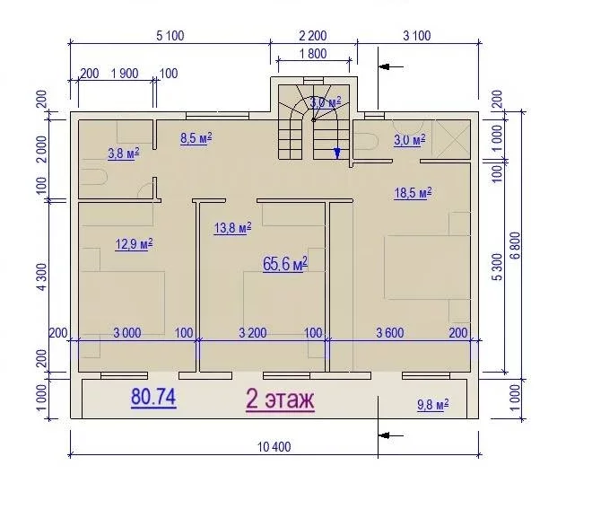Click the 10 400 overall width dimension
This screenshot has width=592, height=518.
click(x=274, y=447)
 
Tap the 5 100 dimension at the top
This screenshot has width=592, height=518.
click(x=170, y=36)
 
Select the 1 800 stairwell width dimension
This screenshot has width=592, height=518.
click(x=313, y=54)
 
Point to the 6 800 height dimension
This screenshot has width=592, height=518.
click(x=516, y=245)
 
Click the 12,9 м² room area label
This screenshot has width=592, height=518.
click(x=134, y=244)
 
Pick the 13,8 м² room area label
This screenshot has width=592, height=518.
click(x=232, y=228)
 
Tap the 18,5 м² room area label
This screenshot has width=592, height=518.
click(x=413, y=193)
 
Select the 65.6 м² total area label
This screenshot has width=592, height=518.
click(x=285, y=264)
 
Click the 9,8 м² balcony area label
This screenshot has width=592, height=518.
click(x=433, y=405)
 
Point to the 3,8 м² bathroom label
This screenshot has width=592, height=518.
click(x=124, y=154)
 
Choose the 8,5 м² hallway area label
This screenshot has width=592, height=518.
click(x=196, y=138)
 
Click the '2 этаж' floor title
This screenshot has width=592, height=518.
click(x=280, y=399)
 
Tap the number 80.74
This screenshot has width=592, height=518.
click(x=153, y=397)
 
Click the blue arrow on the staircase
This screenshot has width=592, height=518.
click(x=337, y=153)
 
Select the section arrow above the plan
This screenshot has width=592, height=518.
click(x=391, y=66)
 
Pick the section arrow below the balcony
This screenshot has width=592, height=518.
click(x=391, y=435)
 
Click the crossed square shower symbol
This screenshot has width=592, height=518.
click(x=451, y=139)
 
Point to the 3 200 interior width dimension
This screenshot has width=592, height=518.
click(x=253, y=333)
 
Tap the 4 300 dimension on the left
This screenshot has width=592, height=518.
click(x=42, y=277)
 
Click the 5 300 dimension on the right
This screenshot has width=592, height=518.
click(x=498, y=268)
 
